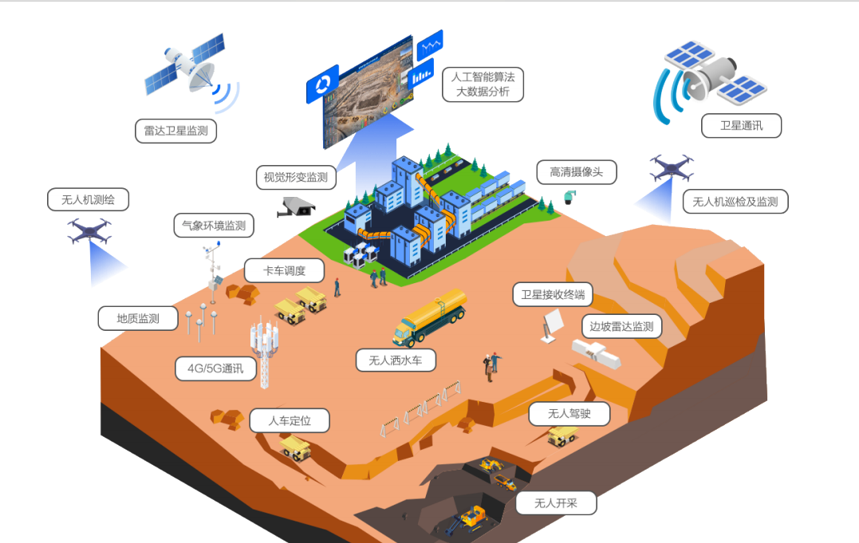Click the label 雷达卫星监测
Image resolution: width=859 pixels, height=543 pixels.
[x=176, y=131]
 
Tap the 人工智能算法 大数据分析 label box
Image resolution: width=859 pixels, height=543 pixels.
[x=483, y=85]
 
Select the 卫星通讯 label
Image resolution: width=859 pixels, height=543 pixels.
[x=741, y=126]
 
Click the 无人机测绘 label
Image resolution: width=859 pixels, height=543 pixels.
[x=88, y=199]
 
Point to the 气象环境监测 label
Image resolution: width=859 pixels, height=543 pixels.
[x=214, y=226]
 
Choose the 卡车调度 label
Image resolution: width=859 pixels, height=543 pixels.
[x=284, y=270]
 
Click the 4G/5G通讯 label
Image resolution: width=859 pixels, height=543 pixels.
[x=215, y=368]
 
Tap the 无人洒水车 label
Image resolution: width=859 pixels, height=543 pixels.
[x=396, y=360]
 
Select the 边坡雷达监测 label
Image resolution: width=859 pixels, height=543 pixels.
[x=621, y=326]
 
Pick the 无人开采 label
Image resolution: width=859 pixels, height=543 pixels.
[x=555, y=503]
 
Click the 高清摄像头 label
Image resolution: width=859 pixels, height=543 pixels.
[x=576, y=171]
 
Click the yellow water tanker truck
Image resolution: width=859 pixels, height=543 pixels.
[x=431, y=317]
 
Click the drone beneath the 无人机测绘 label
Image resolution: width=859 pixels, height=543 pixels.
[x=89, y=231]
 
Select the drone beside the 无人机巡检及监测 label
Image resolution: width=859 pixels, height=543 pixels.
[x=671, y=168]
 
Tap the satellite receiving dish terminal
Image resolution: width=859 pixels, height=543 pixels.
[x=551, y=325]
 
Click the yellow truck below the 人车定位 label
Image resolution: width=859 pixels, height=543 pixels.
[x=296, y=447]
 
